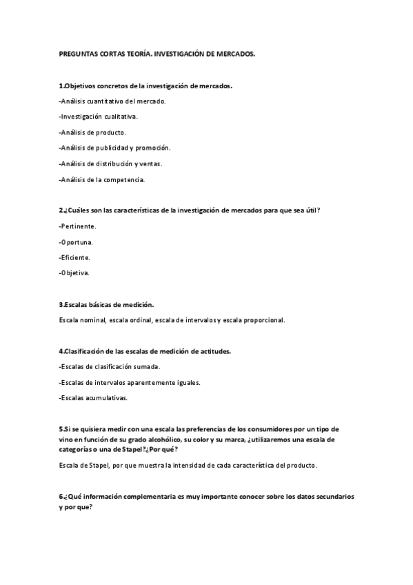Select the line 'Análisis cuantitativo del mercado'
(112, 101)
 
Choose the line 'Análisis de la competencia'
(102, 179)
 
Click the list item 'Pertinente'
(78, 226)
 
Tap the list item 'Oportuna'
(76, 241)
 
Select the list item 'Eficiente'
(74, 257)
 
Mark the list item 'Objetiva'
(74, 273)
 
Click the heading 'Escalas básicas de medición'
(106, 304)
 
